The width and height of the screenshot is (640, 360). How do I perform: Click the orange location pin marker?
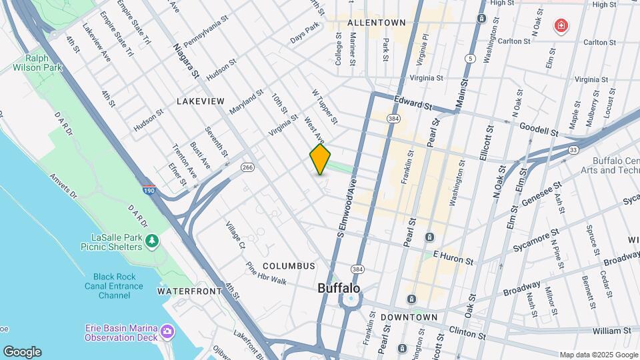tap(320, 159)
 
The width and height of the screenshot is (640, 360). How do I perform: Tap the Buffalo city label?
tap(339, 289)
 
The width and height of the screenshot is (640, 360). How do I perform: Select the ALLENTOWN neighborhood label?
tap(376, 23)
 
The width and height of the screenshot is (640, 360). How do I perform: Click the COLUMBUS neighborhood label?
tap(289, 266)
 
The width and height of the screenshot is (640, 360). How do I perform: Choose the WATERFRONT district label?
tap(189, 291)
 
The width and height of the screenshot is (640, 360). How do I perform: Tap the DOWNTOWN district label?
tap(409, 318)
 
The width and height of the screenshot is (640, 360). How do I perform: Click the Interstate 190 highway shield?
tap(149, 190)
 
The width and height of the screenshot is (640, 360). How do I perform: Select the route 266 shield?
tap(248, 167)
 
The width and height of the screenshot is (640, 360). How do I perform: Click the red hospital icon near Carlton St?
tap(561, 27)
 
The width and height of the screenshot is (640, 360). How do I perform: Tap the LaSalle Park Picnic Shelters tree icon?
tap(153, 239)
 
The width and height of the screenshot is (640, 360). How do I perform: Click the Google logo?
tap(22, 351)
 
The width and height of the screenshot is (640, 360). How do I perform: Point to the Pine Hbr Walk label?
tap(266, 273)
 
